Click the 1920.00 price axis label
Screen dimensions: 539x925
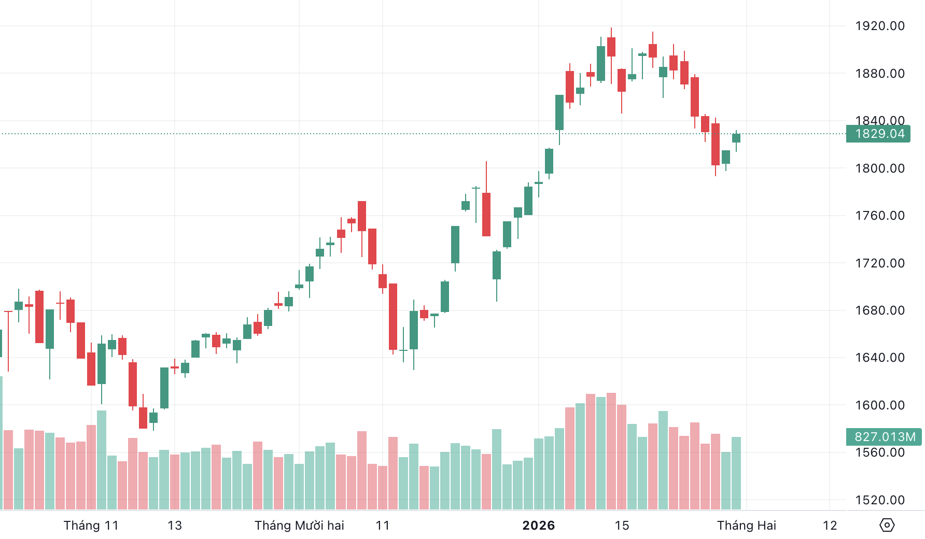coord(879,26)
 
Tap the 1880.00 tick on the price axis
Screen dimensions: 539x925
coord(879,74)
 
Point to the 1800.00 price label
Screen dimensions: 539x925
coord(879,168)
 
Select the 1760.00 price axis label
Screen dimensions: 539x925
coord(879,216)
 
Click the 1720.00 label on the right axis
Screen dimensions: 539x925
coord(879,263)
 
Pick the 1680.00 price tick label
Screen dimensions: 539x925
coord(879,310)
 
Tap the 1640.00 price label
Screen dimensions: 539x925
coord(879,358)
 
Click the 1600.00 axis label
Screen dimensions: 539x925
coord(879,405)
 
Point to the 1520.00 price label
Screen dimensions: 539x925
coord(879,500)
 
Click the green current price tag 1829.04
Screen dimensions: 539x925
coord(878,134)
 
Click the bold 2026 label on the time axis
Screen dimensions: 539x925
coord(538,526)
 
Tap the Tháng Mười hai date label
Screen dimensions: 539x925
coord(299,526)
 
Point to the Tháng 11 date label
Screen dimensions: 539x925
coord(91,526)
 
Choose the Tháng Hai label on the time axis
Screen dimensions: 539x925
coord(746,526)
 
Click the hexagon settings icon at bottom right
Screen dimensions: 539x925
coord(887,525)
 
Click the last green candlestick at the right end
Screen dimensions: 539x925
coord(736,138)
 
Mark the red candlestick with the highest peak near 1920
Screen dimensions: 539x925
coord(611,47)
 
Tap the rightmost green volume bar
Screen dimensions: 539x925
coord(736,473)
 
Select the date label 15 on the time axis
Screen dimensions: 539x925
coord(622,526)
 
